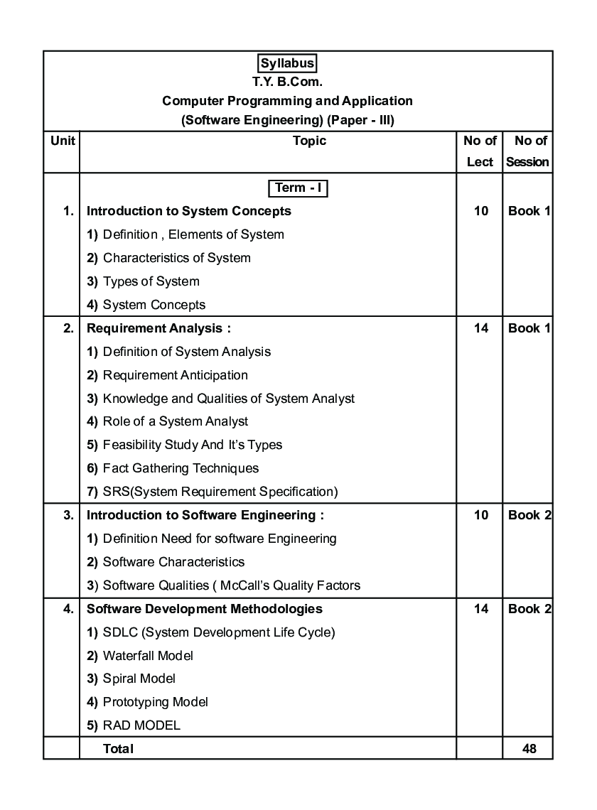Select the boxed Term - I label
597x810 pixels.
click(x=298, y=188)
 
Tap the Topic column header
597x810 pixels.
click(x=309, y=141)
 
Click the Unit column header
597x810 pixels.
click(x=63, y=141)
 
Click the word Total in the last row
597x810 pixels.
click(x=118, y=748)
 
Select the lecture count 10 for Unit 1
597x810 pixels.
click(x=480, y=211)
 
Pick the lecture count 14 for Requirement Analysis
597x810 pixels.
click(x=480, y=328)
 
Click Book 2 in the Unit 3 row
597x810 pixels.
click(x=529, y=515)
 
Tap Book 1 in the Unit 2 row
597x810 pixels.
click(x=529, y=328)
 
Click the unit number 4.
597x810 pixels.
click(x=68, y=609)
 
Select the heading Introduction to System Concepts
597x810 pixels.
click(x=188, y=211)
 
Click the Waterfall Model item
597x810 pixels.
click(x=147, y=656)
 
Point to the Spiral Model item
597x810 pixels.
click(x=139, y=679)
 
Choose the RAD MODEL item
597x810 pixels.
click(x=141, y=725)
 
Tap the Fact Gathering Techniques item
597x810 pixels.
click(x=180, y=468)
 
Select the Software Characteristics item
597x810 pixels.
click(x=173, y=562)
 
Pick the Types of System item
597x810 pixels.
click(x=151, y=281)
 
